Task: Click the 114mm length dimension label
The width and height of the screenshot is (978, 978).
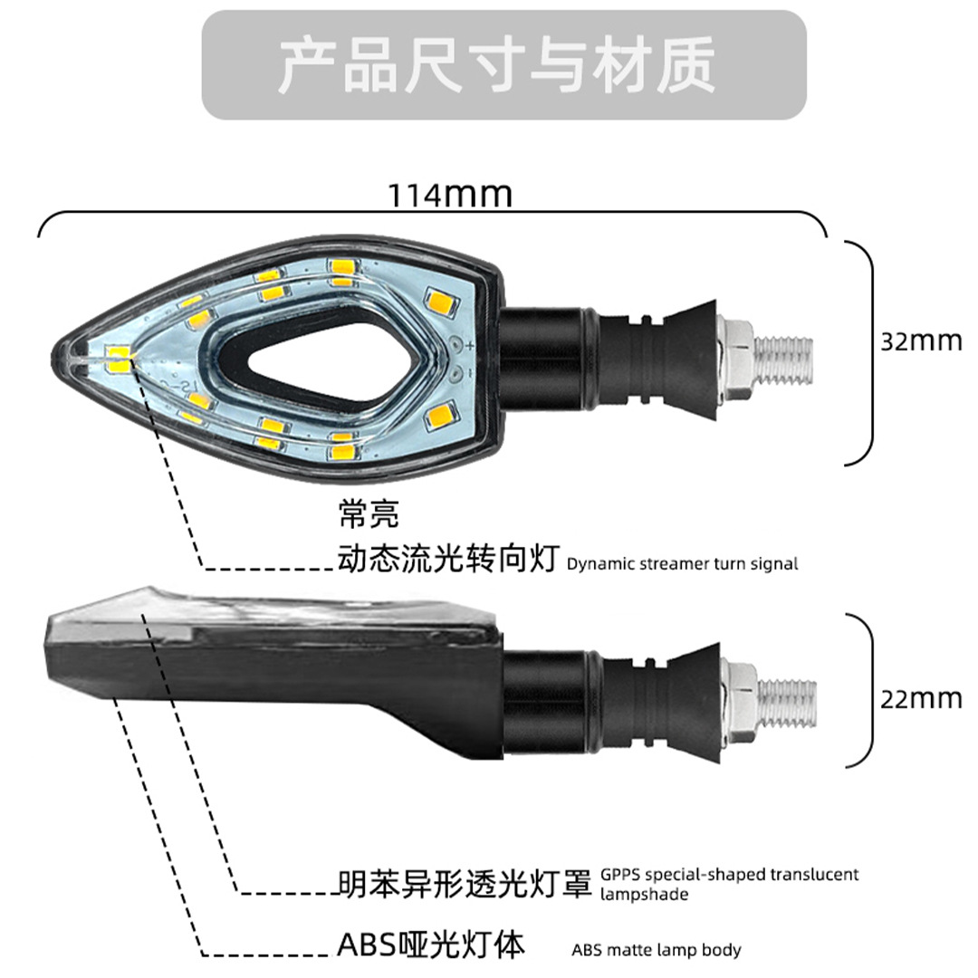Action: coord(450,194)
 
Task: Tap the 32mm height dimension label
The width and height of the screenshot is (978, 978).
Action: coord(921,341)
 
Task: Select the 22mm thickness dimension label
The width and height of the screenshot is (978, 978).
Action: coord(921,699)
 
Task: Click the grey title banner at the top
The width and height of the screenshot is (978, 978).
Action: coord(503,64)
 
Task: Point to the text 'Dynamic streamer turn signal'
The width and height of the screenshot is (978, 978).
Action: coord(683,564)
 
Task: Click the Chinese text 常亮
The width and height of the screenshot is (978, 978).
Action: coord(368,516)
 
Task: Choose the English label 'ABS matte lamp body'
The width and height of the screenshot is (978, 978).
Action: coord(657,950)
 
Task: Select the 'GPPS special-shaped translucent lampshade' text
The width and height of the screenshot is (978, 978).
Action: coord(729,884)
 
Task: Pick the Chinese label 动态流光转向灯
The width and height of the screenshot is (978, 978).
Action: coord(448,559)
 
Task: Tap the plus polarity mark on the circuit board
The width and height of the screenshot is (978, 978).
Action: coord(469,343)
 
